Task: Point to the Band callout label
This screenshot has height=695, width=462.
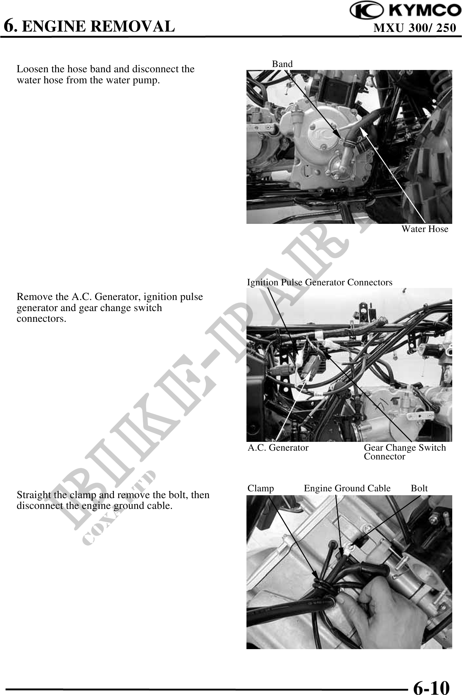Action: pos(282,64)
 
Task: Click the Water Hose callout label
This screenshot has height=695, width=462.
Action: pos(425,229)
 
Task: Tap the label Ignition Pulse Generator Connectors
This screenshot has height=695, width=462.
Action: pos(319,282)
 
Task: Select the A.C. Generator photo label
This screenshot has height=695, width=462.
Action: pos(278,448)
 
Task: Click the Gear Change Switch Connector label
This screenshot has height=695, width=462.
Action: pos(405,452)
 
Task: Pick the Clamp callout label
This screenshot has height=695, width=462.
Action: pos(260,488)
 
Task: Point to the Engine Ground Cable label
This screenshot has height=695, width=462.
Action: pos(347,488)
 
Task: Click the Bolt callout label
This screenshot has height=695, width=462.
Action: pos(419,488)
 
